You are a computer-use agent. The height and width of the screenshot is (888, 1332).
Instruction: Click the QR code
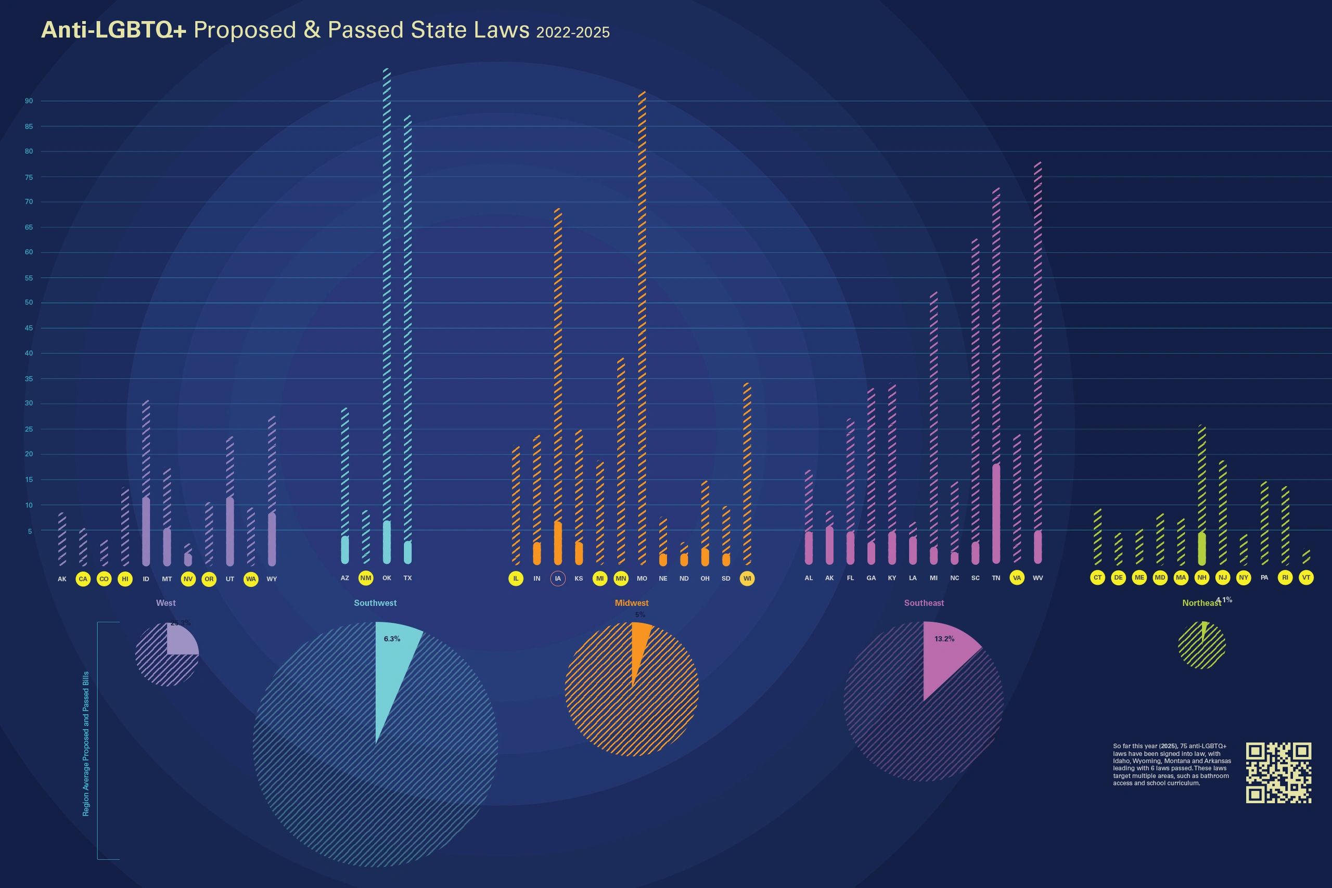pyautogui.click(x=1278, y=773)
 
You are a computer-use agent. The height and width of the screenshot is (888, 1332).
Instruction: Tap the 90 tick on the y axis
pyautogui.click(x=28, y=101)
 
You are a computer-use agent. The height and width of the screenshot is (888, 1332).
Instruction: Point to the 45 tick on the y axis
pyautogui.click(x=28, y=328)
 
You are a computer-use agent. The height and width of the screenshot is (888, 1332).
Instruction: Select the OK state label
pyautogui.click(x=387, y=578)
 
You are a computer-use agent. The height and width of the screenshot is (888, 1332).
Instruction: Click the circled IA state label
pyautogui.click(x=558, y=578)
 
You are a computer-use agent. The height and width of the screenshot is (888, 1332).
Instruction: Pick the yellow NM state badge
pyautogui.click(x=366, y=578)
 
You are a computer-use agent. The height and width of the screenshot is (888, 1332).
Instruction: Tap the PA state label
pyautogui.click(x=1264, y=577)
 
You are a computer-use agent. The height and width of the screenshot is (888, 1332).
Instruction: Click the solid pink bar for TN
pyautogui.click(x=996, y=513)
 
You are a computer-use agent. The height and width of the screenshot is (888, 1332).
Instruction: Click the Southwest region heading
pyautogui.click(x=375, y=602)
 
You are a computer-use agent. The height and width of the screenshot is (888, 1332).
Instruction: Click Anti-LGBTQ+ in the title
pyautogui.click(x=113, y=30)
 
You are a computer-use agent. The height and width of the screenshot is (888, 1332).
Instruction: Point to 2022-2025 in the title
pyautogui.click(x=572, y=32)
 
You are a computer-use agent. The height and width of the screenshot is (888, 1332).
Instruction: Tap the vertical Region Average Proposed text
pyautogui.click(x=86, y=743)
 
